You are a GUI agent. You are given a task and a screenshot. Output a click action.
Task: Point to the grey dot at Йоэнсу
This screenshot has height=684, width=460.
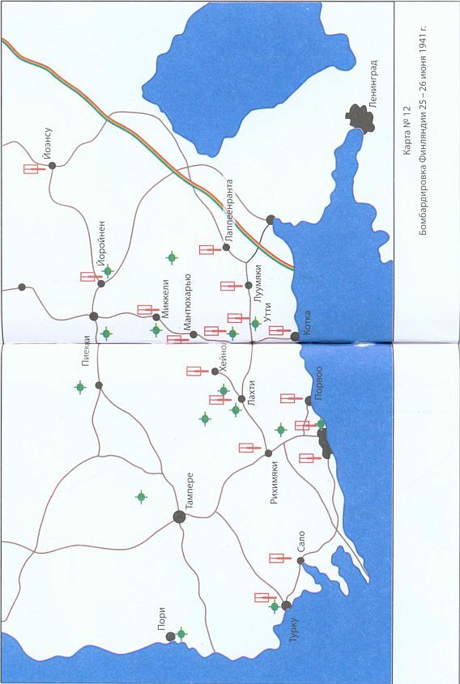point(52,165)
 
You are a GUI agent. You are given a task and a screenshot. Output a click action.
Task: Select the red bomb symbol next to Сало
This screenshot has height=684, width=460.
point(280,557)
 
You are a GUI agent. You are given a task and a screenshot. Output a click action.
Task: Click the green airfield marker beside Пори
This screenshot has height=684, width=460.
point(181,633)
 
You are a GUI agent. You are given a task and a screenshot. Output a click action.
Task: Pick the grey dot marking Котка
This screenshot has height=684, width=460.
point(295,335)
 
